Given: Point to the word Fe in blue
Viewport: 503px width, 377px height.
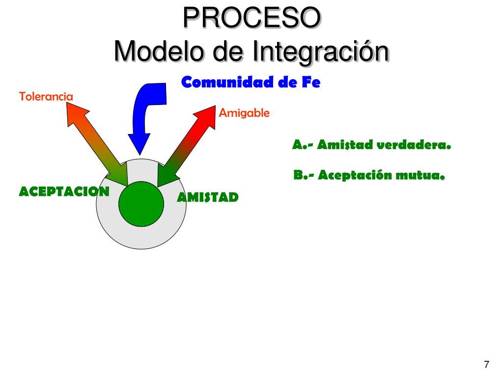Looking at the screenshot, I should point(311,82).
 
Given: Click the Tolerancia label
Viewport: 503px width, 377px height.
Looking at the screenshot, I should point(46,96).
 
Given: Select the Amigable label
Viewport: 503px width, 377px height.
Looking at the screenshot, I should point(244,113).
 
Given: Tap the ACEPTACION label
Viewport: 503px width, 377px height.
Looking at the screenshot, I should point(64,191).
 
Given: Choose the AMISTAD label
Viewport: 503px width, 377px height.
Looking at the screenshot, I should point(208,197).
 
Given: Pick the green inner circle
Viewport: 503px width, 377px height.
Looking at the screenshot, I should point(141,204).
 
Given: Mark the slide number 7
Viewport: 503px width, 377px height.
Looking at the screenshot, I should point(486,364).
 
